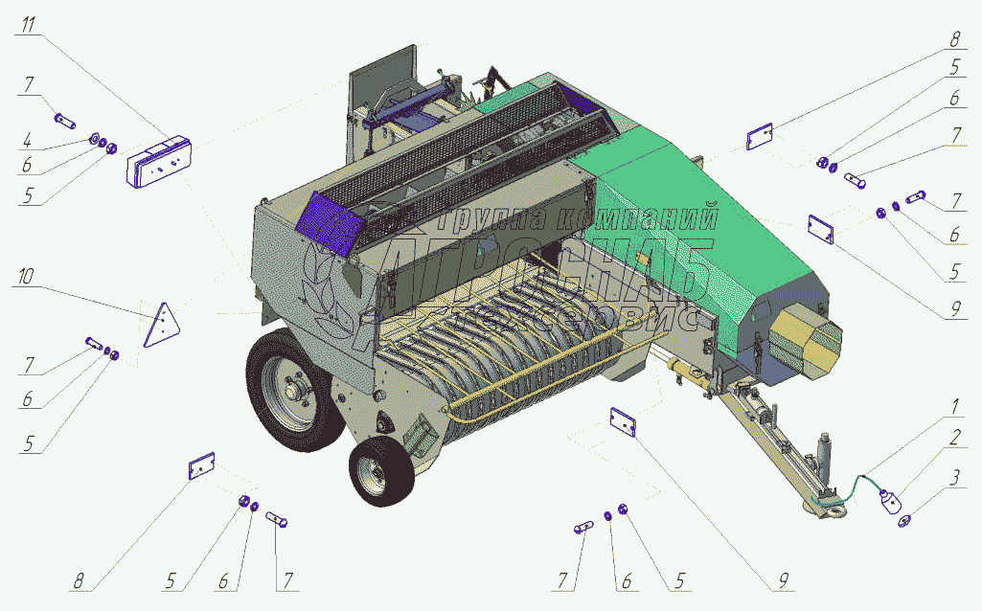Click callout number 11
(29, 25)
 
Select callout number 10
(25, 276)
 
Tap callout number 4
(27, 140)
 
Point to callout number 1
(955, 407)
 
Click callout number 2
(955, 438)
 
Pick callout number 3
(955, 478)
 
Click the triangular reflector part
(162, 325)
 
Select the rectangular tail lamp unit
(159, 162)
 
